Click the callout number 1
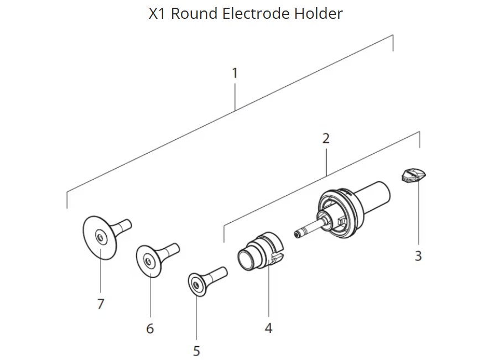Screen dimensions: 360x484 tap(235, 73)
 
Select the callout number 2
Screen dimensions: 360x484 tap(326, 138)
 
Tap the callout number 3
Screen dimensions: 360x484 tap(418, 256)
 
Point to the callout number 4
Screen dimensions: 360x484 tap(268, 328)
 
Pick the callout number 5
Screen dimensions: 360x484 tap(196, 351)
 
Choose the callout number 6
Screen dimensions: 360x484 tap(150, 328)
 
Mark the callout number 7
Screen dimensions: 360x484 tap(101, 304)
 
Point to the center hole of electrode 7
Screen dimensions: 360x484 tap(100, 238)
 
